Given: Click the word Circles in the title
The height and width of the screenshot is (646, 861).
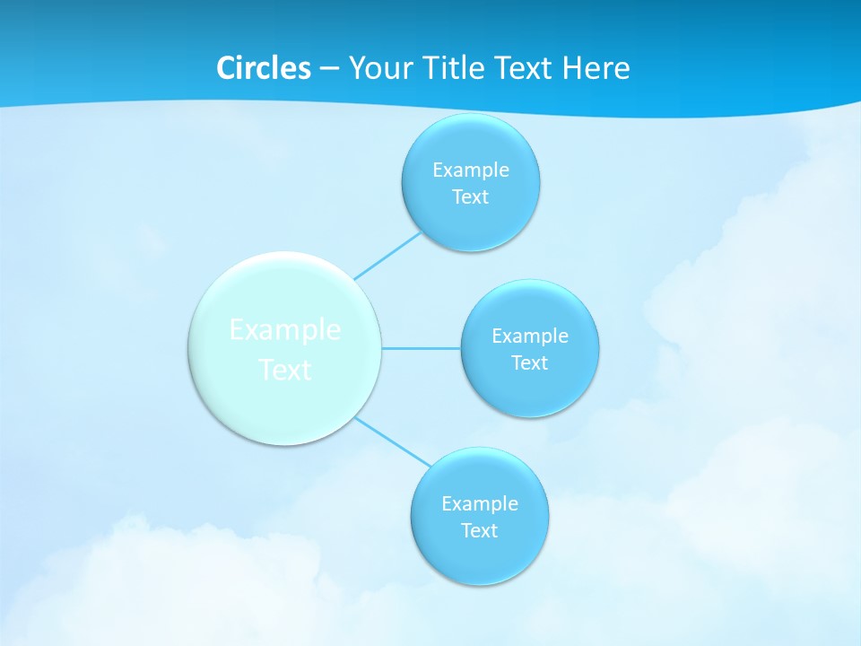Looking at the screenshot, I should [264, 68].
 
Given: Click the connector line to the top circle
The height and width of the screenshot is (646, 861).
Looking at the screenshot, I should [387, 255].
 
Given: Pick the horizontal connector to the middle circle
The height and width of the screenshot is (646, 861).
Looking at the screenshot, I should [421, 347].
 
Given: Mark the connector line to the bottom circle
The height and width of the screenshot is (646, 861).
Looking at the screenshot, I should [392, 441].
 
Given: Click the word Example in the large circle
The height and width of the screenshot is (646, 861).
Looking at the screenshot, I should [285, 330].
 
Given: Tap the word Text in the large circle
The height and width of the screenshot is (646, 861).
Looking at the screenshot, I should [285, 370].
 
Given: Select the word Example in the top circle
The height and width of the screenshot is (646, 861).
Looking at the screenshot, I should [471, 170].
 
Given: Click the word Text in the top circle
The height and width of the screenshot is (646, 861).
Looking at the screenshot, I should [470, 197].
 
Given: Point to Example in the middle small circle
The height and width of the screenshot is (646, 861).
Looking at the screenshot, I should [530, 336].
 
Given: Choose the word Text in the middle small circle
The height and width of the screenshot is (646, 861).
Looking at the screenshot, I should [529, 363].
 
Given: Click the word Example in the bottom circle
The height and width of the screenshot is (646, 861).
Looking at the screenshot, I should [480, 504].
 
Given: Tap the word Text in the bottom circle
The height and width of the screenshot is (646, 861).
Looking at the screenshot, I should [479, 531].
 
